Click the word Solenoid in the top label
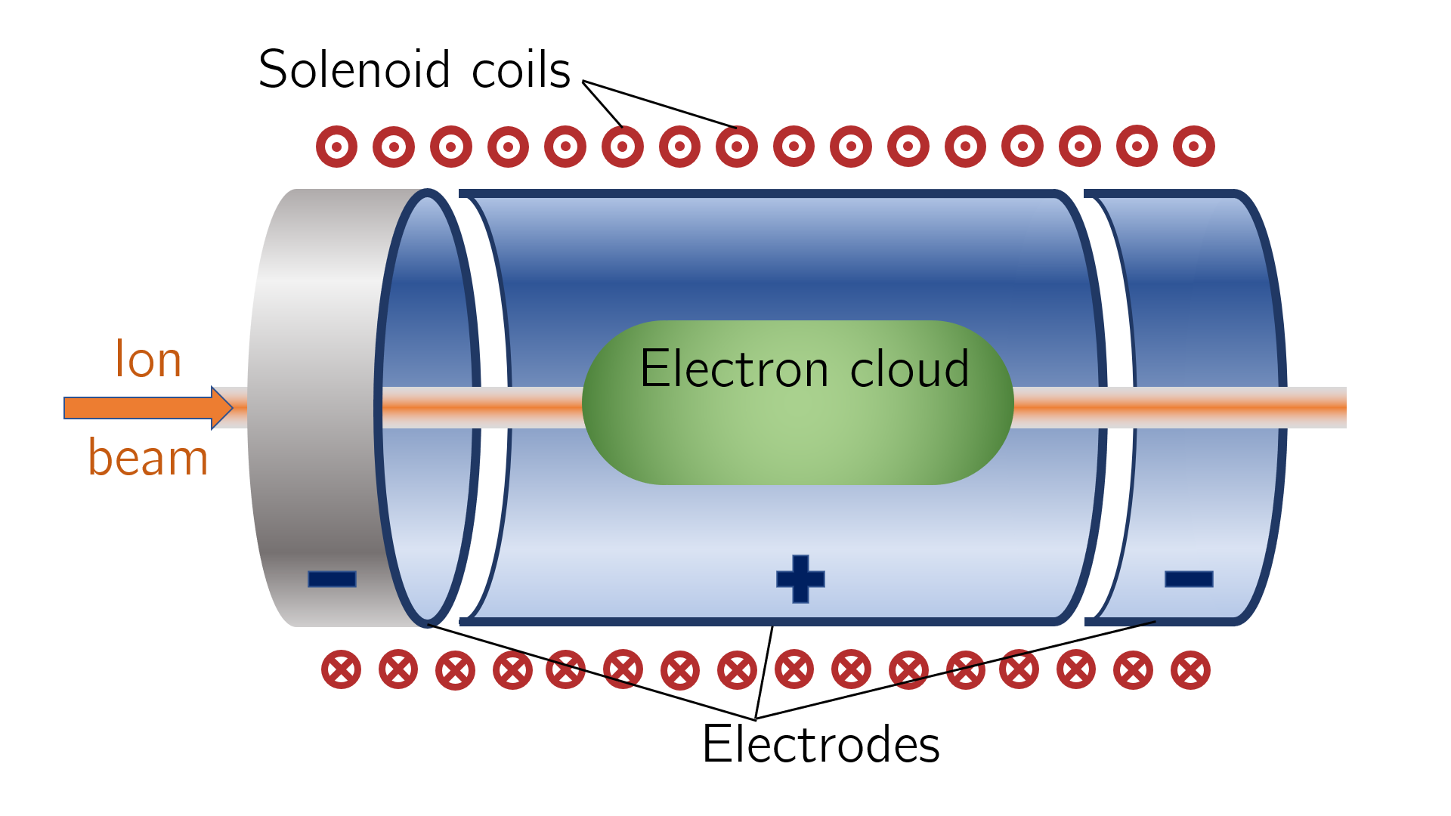coord(354,70)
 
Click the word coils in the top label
coord(521,70)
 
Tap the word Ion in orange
coord(148,359)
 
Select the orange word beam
coord(148,458)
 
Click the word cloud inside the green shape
coord(909,369)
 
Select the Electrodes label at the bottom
coord(821,744)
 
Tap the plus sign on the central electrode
coord(800,579)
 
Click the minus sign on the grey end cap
coord(332,579)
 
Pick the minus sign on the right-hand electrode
coord(1189,579)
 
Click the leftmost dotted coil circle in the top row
coord(336,147)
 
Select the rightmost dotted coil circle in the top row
coord(1194,147)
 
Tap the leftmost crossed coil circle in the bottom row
coord(341,669)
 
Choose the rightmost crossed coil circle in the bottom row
coord(1190,669)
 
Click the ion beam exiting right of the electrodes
coord(1315,408)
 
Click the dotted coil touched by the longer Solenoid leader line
coord(737,147)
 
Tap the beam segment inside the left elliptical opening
coord(428,408)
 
